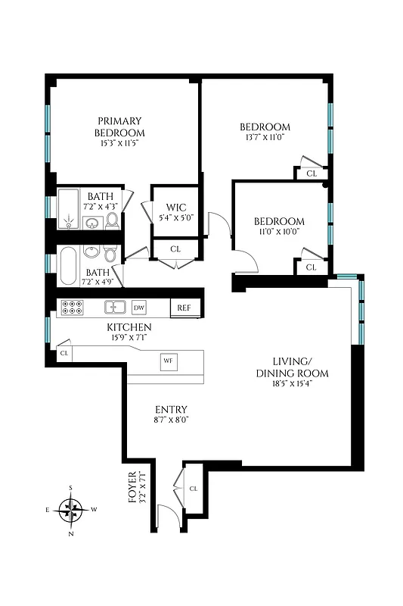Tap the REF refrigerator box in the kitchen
(x=184, y=308)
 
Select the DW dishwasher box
(x=138, y=308)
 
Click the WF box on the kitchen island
(x=168, y=361)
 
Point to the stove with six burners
(x=72, y=308)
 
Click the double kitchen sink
(x=115, y=308)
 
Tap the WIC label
(x=175, y=208)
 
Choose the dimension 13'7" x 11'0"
(x=264, y=138)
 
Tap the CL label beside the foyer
(x=193, y=489)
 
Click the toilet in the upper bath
(x=112, y=220)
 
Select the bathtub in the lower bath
(x=68, y=265)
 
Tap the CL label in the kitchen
(x=64, y=353)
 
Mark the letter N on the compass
(x=71, y=534)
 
